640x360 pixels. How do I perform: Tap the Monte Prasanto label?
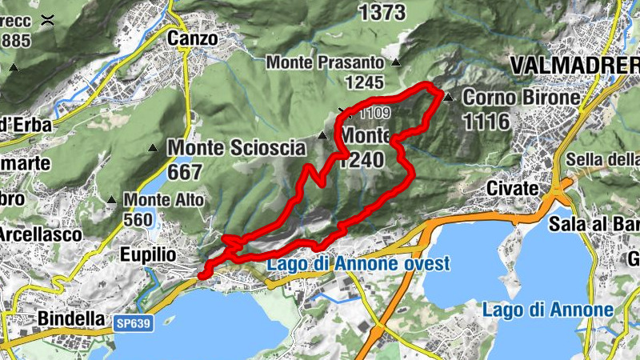click(x=327, y=61)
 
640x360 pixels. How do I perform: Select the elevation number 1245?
click(x=366, y=82)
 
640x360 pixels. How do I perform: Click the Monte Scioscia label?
click(x=237, y=148)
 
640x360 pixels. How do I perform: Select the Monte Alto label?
click(x=164, y=199)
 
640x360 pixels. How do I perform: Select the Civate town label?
click(x=512, y=188)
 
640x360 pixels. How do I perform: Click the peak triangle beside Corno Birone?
click(x=449, y=98)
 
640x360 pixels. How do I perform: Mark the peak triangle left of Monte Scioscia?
click(x=153, y=148)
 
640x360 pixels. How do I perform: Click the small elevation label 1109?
click(x=374, y=113)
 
